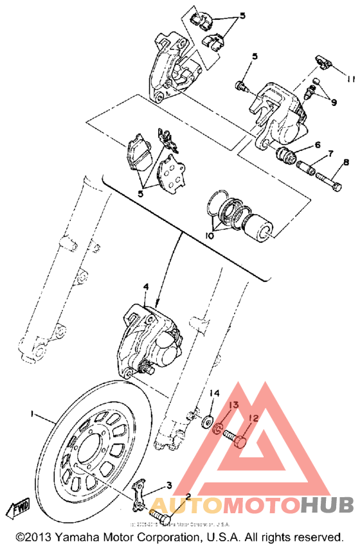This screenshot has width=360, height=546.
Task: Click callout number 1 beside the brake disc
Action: pos(30,415)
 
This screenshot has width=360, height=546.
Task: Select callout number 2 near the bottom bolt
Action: pos(188,497)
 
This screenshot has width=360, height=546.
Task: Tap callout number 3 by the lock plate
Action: pos(168,485)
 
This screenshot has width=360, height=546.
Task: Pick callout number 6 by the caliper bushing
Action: pos(317,146)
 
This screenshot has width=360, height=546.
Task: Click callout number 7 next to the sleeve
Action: pos(330,155)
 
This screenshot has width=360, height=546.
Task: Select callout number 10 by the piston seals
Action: pos(210,236)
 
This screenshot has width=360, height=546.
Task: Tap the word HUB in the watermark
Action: pos(326,504)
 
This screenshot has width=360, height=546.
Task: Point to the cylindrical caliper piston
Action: pos(261,230)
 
